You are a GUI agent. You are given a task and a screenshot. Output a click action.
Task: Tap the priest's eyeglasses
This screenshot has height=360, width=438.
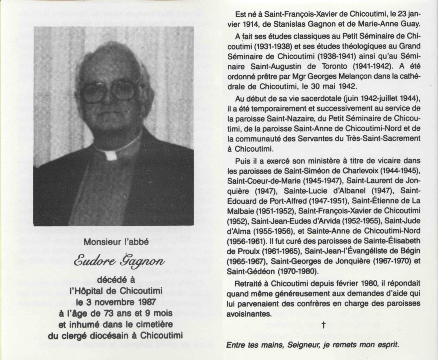[x=109, y=91]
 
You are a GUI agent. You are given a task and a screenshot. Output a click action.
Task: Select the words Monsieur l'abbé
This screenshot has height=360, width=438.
[x=113, y=241]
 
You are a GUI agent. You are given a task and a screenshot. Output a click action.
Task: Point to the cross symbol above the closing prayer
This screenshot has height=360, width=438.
[x=323, y=325]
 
